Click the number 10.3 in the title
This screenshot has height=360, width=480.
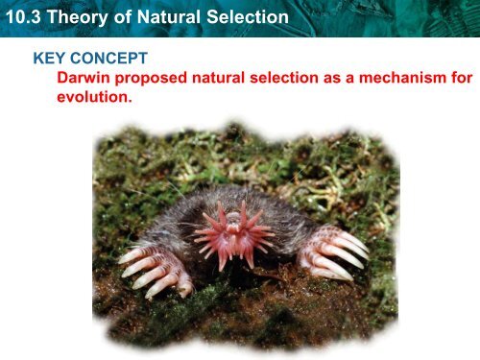23,17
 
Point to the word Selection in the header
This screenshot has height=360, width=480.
248,17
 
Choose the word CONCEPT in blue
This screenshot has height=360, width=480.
108,59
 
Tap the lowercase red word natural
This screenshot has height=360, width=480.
218,78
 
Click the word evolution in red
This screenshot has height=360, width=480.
92,97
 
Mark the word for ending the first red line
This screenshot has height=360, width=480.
462,78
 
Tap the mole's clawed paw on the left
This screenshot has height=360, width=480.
156,270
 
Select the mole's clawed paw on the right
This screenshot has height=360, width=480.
333,252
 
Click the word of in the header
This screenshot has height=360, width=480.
123,17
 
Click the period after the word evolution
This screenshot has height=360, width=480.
130,101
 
